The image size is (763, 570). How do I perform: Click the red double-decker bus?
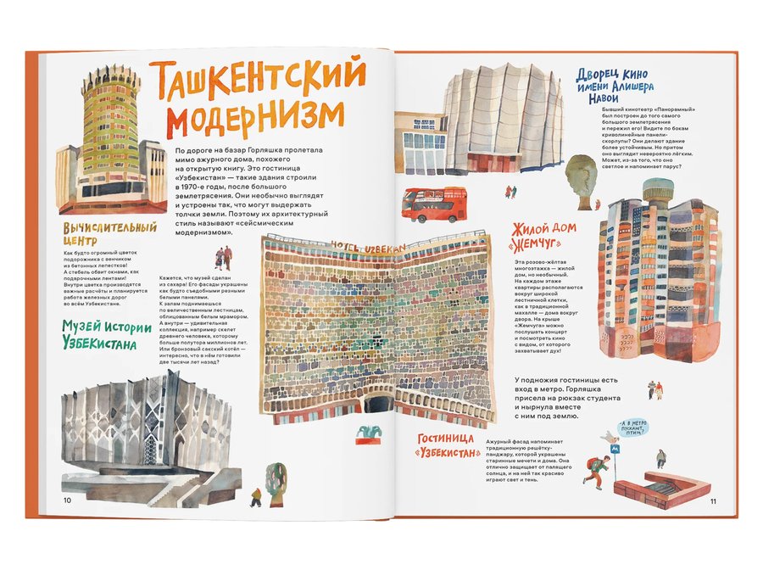coord(434,204)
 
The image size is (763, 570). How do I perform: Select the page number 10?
coord(68,499)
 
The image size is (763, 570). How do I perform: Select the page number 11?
coord(713,501)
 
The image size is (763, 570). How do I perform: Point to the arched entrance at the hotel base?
coord(378,402)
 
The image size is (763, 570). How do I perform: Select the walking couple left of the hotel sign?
coord(222,260)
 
